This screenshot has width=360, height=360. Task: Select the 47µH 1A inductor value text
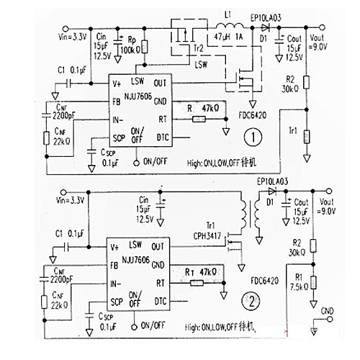(x=230, y=34)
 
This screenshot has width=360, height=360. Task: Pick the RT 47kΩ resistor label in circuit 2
(x=197, y=271)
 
